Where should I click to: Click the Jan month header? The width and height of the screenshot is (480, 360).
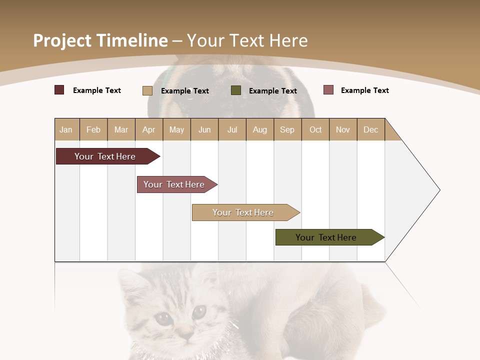(x=66, y=129)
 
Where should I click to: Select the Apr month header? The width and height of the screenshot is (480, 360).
(x=148, y=129)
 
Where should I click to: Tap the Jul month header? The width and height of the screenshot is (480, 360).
(x=232, y=129)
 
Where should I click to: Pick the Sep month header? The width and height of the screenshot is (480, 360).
(x=287, y=129)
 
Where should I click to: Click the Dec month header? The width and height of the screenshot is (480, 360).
(x=370, y=129)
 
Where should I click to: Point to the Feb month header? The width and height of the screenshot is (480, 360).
(x=93, y=129)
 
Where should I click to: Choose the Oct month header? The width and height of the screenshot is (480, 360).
(x=315, y=129)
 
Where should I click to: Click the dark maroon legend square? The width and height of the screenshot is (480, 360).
(x=59, y=90)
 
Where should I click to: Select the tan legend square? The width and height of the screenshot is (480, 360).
(x=147, y=90)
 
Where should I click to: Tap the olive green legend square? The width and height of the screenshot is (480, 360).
(x=236, y=90)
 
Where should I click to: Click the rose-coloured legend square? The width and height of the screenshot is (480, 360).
(x=328, y=90)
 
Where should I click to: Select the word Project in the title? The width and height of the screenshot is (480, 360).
(x=61, y=40)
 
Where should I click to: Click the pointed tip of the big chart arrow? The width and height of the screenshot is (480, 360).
(x=439, y=190)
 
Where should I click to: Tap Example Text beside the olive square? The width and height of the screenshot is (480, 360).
(x=272, y=91)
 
